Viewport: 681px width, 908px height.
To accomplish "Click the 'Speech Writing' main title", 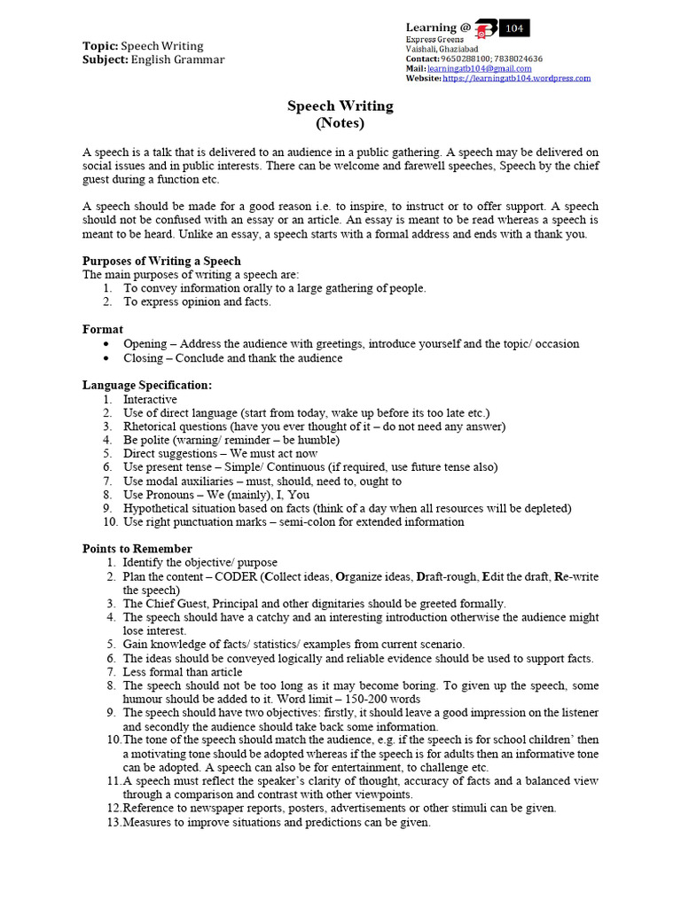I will [x=340, y=106].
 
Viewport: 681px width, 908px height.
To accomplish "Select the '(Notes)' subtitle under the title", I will [x=340, y=122].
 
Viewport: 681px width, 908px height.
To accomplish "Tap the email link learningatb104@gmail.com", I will [x=480, y=68].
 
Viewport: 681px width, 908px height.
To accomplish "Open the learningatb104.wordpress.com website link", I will [x=516, y=78].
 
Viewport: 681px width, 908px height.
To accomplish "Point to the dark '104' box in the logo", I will [x=515, y=28].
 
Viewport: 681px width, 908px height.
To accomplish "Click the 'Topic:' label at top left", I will [x=100, y=46].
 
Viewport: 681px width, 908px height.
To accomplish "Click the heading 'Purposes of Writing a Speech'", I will [x=161, y=261].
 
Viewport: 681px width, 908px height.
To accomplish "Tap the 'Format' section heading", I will [x=103, y=329].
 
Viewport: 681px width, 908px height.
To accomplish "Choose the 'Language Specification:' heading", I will [x=147, y=385].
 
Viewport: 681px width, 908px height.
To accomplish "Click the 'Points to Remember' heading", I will [x=137, y=549].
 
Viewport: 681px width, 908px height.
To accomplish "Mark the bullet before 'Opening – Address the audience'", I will [x=106, y=344].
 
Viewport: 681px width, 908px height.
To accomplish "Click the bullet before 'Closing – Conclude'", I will [x=106, y=358].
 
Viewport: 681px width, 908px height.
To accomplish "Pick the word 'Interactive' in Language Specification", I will [x=150, y=399].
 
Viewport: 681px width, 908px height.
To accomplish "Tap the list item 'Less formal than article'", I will [x=182, y=672].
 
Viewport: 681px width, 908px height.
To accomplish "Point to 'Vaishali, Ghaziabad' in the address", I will [x=442, y=49].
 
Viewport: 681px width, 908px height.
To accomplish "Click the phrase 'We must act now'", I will [x=274, y=453].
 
